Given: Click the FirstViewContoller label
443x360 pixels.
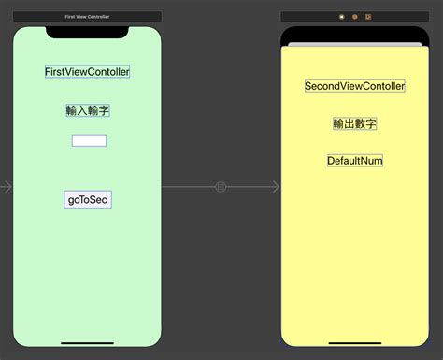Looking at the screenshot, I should [x=87, y=71].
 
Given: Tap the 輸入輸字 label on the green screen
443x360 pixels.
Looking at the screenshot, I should [x=88, y=110].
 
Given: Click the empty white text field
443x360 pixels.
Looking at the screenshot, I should [x=89, y=140].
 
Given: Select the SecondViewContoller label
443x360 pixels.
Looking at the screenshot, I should [x=354, y=86].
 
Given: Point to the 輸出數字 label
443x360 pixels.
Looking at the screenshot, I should [x=354, y=123].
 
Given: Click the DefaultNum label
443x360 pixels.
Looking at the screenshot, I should [x=354, y=161].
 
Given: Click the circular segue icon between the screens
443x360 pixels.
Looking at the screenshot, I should [x=221, y=187].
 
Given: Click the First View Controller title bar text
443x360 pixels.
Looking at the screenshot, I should [x=87, y=17].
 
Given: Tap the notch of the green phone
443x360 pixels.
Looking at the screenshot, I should [x=87, y=33].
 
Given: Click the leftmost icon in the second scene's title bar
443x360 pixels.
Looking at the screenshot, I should [x=341, y=17].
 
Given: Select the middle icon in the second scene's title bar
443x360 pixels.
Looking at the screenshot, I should [x=355, y=17].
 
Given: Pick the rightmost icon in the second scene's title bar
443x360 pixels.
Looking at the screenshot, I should [x=368, y=17].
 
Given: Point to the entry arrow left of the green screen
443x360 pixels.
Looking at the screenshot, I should [x=7, y=187].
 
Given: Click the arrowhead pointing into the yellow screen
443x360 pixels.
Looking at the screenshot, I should [x=275, y=187].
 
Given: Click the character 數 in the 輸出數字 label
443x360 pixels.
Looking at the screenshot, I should [x=360, y=123].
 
